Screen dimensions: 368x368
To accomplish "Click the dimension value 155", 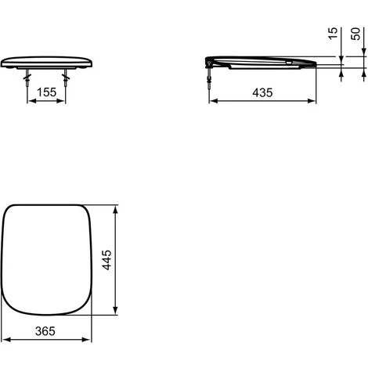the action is [x=46, y=92].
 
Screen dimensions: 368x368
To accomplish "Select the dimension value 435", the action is [x=262, y=92].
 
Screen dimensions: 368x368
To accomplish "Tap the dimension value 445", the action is [x=106, y=260].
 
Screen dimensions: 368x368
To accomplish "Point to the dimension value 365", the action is [x=45, y=331].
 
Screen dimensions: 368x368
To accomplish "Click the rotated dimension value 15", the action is [x=333, y=34].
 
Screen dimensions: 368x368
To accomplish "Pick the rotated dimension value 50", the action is [x=355, y=34].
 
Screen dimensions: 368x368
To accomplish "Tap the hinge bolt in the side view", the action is [x=209, y=76].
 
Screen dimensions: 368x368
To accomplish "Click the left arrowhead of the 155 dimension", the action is [x=31, y=101].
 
